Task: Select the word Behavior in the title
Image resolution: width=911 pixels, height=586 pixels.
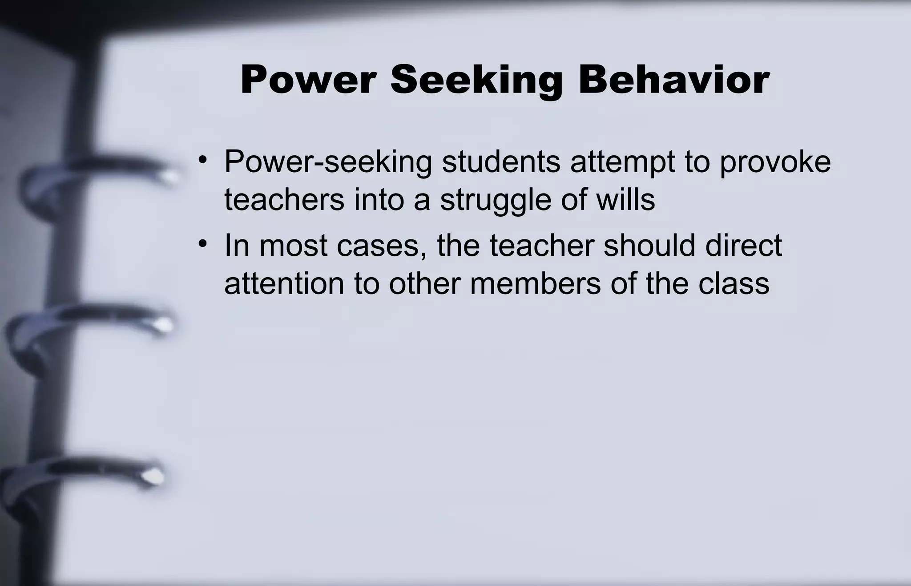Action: [x=674, y=80]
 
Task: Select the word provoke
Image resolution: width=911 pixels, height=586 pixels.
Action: [x=775, y=162]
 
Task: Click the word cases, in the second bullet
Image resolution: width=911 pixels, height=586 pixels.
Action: [x=381, y=246]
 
